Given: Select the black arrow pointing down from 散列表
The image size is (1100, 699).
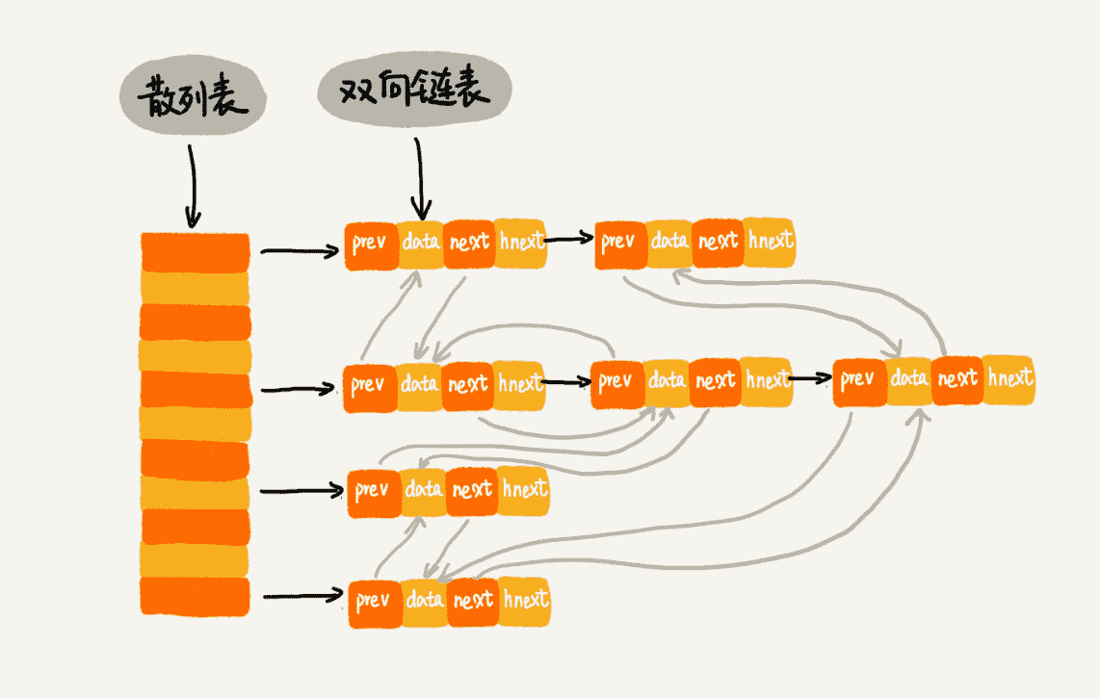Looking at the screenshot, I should pyautogui.click(x=192, y=183).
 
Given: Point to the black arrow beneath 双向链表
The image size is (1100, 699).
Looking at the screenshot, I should pyautogui.click(x=420, y=178).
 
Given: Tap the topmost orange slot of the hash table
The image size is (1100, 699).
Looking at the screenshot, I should pyautogui.click(x=195, y=252).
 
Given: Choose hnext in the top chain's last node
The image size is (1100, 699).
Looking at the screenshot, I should pyautogui.click(x=770, y=241).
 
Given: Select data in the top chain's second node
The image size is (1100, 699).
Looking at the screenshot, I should pyautogui.click(x=668, y=241).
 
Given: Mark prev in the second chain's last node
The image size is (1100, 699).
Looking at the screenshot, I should pyautogui.click(x=856, y=380).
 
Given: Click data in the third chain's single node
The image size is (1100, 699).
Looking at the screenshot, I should pyautogui.click(x=424, y=490).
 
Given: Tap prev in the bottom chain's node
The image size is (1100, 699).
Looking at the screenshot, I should pyautogui.click(x=373, y=602).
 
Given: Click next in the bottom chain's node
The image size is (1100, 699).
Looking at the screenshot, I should pyautogui.click(x=474, y=601).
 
